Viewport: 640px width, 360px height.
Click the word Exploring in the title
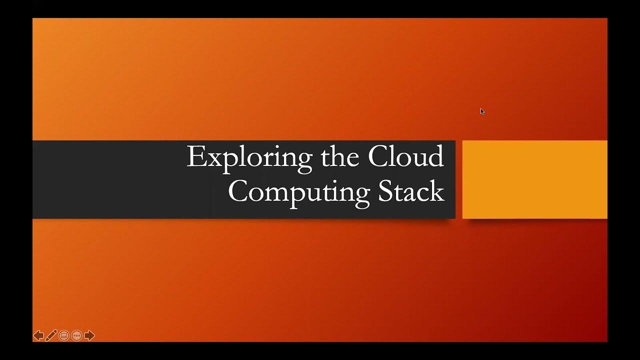pos(249,157)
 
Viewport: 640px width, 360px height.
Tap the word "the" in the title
pos(339,157)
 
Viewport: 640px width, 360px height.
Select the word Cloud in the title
pos(405,157)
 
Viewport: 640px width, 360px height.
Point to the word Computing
pos(298,192)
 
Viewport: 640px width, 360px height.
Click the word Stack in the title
pos(411,192)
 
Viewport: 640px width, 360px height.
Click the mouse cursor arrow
pos(482,111)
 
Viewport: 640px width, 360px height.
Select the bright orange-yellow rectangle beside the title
pos(534,179)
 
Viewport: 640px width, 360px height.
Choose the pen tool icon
pos(51,335)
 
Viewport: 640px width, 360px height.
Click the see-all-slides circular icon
pos(64,335)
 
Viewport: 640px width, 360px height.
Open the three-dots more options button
pos(76,335)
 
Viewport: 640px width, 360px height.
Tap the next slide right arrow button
pos(89,335)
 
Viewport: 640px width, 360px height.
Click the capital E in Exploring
pos(195,157)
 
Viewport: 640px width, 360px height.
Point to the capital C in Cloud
pos(378,157)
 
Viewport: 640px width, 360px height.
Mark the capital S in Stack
pos(385,192)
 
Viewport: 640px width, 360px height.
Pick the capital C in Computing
pos(238,192)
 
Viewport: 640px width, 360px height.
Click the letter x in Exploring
pos(212,159)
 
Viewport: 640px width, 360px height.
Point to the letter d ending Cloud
pos(436,157)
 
